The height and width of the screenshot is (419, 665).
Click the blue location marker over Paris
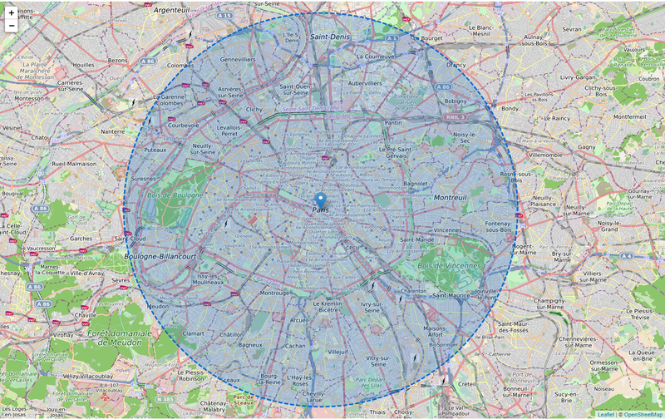(321, 200)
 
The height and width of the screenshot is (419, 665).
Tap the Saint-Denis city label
(329, 37)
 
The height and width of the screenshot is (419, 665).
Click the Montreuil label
(450, 197)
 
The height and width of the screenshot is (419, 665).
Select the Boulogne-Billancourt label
(160, 257)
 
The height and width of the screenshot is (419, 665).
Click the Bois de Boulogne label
(175, 195)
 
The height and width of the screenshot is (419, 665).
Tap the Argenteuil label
(171, 10)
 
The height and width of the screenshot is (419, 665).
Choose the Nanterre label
(112, 131)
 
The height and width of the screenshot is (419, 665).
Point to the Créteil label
(467, 383)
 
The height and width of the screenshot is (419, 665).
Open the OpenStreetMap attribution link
(643, 414)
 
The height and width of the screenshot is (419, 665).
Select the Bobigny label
(456, 101)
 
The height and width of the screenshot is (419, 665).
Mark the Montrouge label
(274, 293)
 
